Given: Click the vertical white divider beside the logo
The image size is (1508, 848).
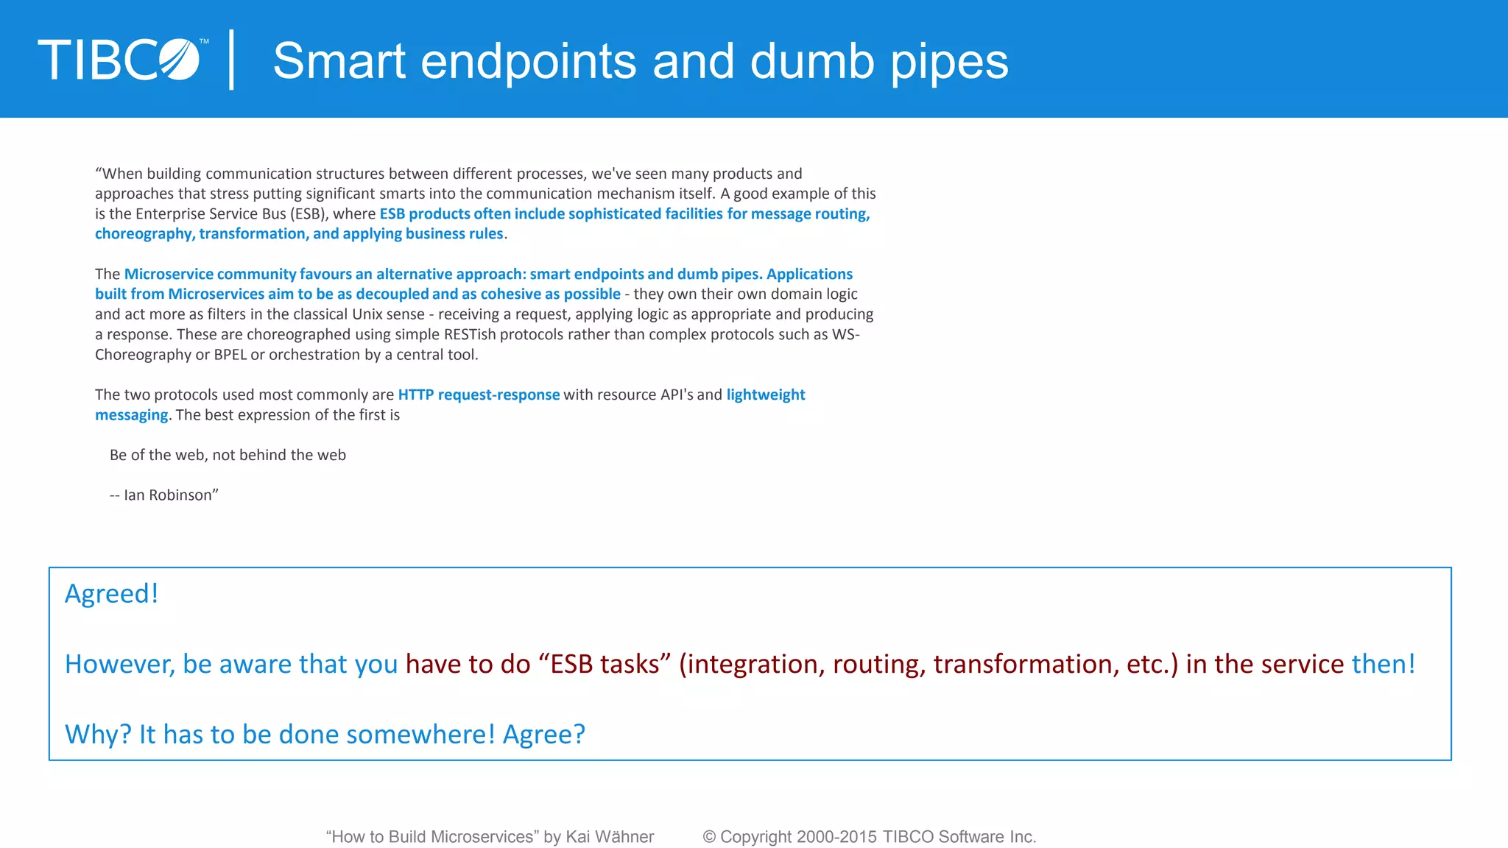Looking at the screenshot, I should click(x=232, y=60).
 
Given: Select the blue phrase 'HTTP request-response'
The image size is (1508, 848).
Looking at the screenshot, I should click(x=479, y=395).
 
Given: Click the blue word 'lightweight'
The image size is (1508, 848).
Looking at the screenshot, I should click(x=766, y=395).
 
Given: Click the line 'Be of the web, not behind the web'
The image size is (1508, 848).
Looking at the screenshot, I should click(x=228, y=455).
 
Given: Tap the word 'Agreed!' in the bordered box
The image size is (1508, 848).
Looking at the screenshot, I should click(x=112, y=593).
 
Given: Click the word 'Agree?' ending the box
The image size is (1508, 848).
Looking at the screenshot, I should click(x=543, y=734).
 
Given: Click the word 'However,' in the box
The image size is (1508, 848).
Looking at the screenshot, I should click(x=120, y=664).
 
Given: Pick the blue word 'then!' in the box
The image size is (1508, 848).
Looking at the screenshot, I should click(x=1383, y=664).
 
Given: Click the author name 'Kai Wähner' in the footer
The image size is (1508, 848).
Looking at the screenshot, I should click(x=610, y=837).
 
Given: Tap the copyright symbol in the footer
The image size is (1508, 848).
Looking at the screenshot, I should click(x=709, y=837).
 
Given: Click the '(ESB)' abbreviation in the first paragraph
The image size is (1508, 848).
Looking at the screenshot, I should click(x=309, y=214).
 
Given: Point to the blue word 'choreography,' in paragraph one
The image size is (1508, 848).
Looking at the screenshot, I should click(x=144, y=234).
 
